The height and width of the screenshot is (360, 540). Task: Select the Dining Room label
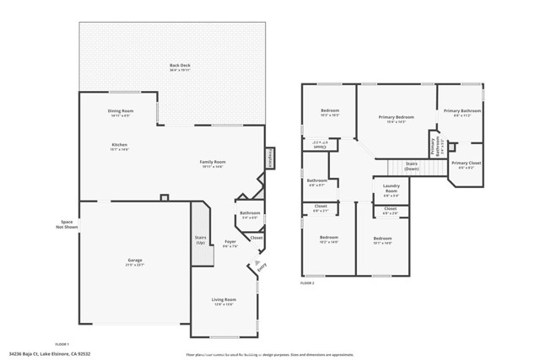pyautogui.click(x=121, y=111)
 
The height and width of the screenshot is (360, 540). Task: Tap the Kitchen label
pyautogui.click(x=119, y=145)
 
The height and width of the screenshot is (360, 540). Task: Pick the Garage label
pyautogui.click(x=135, y=261)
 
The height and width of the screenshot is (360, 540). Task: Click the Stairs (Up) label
pyautogui.click(x=201, y=239)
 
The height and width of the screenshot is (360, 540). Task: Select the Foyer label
pyautogui.click(x=230, y=243)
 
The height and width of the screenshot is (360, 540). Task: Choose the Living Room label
pyautogui.click(x=224, y=300)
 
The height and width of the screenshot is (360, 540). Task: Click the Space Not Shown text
pyautogui.click(x=67, y=224)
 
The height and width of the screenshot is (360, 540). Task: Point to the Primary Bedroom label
pyautogui.click(x=396, y=116)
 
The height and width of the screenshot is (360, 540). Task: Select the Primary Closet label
pyautogui.click(x=466, y=163)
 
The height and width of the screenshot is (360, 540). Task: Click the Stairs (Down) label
pyautogui.click(x=412, y=167)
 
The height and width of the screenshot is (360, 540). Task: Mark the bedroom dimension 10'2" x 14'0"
pyautogui.click(x=328, y=242)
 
